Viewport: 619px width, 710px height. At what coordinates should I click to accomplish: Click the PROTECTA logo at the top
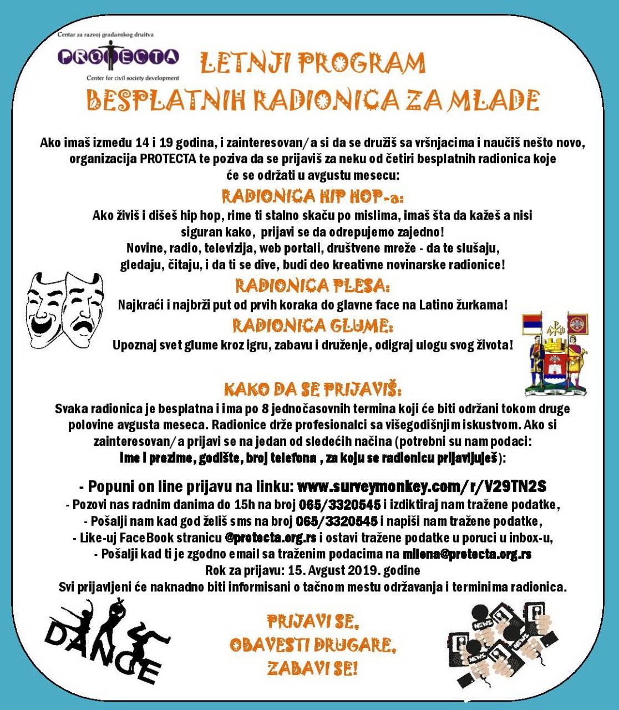[x=118, y=56]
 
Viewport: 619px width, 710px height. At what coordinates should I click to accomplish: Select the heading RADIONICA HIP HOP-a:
[x=313, y=196]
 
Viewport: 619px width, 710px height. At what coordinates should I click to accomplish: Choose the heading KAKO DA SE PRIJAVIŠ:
[x=313, y=388]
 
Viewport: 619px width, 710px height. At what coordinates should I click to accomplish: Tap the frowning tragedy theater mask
[x=83, y=308]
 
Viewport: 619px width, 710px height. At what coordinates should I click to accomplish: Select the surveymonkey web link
[x=422, y=486]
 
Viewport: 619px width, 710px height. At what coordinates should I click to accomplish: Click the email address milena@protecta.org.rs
[x=467, y=554]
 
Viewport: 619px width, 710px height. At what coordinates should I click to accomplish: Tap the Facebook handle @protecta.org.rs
[x=271, y=537]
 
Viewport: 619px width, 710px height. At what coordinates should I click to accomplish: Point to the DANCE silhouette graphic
[x=105, y=643]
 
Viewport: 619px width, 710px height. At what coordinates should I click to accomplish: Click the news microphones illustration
[x=502, y=643]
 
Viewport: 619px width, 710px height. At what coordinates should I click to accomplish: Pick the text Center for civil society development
[x=133, y=78]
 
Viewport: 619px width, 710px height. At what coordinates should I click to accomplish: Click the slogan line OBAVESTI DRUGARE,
[x=313, y=645]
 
